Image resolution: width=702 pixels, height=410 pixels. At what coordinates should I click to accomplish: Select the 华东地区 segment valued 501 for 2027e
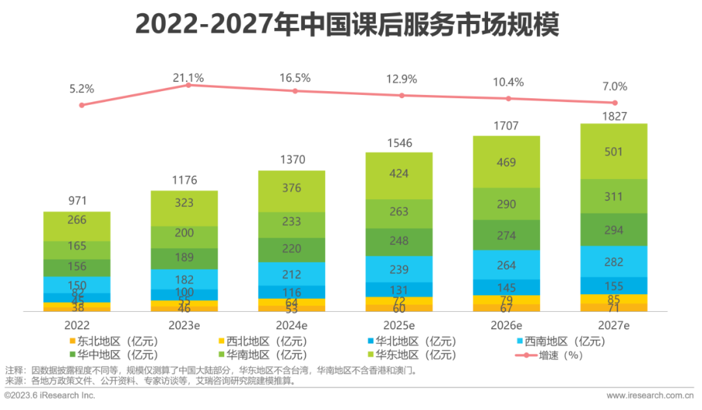614,152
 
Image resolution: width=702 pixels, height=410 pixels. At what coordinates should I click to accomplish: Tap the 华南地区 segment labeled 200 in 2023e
184,233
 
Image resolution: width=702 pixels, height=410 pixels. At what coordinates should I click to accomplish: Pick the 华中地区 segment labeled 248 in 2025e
398,240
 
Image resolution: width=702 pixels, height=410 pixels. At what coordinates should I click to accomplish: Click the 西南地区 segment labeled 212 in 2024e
291,273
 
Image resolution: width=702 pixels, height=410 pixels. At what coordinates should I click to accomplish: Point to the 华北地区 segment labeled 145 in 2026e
506,287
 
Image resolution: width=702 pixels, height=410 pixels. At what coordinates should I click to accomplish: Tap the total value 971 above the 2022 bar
77,200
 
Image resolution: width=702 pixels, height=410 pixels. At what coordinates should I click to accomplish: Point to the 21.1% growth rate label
188,78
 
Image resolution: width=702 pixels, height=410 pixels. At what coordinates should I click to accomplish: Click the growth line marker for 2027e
614,103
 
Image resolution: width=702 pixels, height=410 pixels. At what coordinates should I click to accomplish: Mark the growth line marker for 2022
81,105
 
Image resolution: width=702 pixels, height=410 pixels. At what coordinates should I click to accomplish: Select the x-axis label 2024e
291,325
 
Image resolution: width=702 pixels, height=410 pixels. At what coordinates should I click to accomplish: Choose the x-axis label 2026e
506,325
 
